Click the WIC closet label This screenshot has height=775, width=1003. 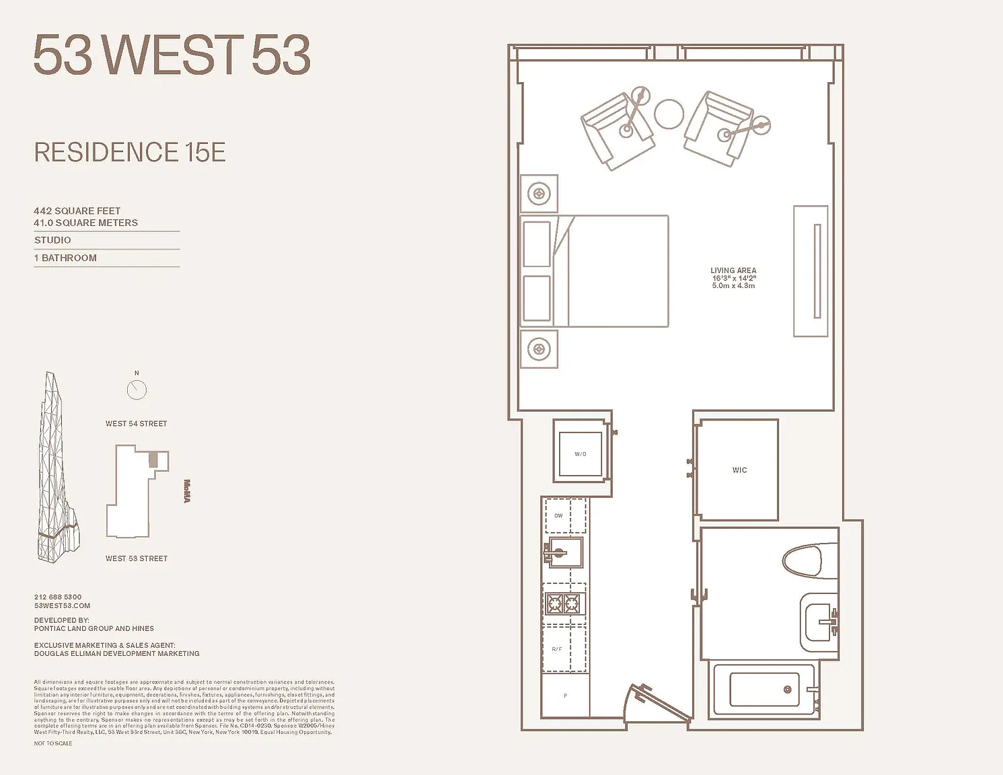[739, 470]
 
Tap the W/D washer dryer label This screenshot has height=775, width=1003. [580, 454]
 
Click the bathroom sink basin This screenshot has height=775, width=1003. [820, 622]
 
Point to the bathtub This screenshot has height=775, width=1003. [764, 690]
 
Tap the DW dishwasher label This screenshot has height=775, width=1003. [558, 516]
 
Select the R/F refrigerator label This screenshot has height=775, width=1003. [556, 649]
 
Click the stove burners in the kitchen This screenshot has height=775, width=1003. [563, 603]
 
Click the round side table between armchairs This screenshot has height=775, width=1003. [669, 114]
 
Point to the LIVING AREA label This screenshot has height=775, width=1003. [733, 270]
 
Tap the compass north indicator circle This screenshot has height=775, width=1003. [137, 390]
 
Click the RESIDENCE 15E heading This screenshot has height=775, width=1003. [130, 153]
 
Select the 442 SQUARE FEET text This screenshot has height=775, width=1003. [77, 211]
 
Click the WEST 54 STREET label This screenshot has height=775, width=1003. [136, 424]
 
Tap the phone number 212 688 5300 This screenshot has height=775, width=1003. [58, 597]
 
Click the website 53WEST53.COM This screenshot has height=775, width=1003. [62, 605]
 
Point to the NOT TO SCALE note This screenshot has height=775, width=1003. [53, 743]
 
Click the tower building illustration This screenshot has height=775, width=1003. [57, 471]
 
